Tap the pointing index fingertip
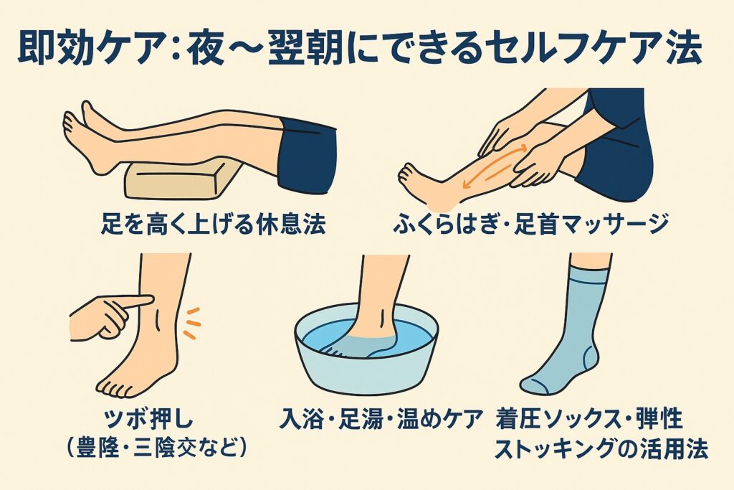(149, 301)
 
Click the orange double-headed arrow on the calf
(495, 166)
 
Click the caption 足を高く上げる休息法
(214, 223)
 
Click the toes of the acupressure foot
(113, 390)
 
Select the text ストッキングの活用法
(601, 449)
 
